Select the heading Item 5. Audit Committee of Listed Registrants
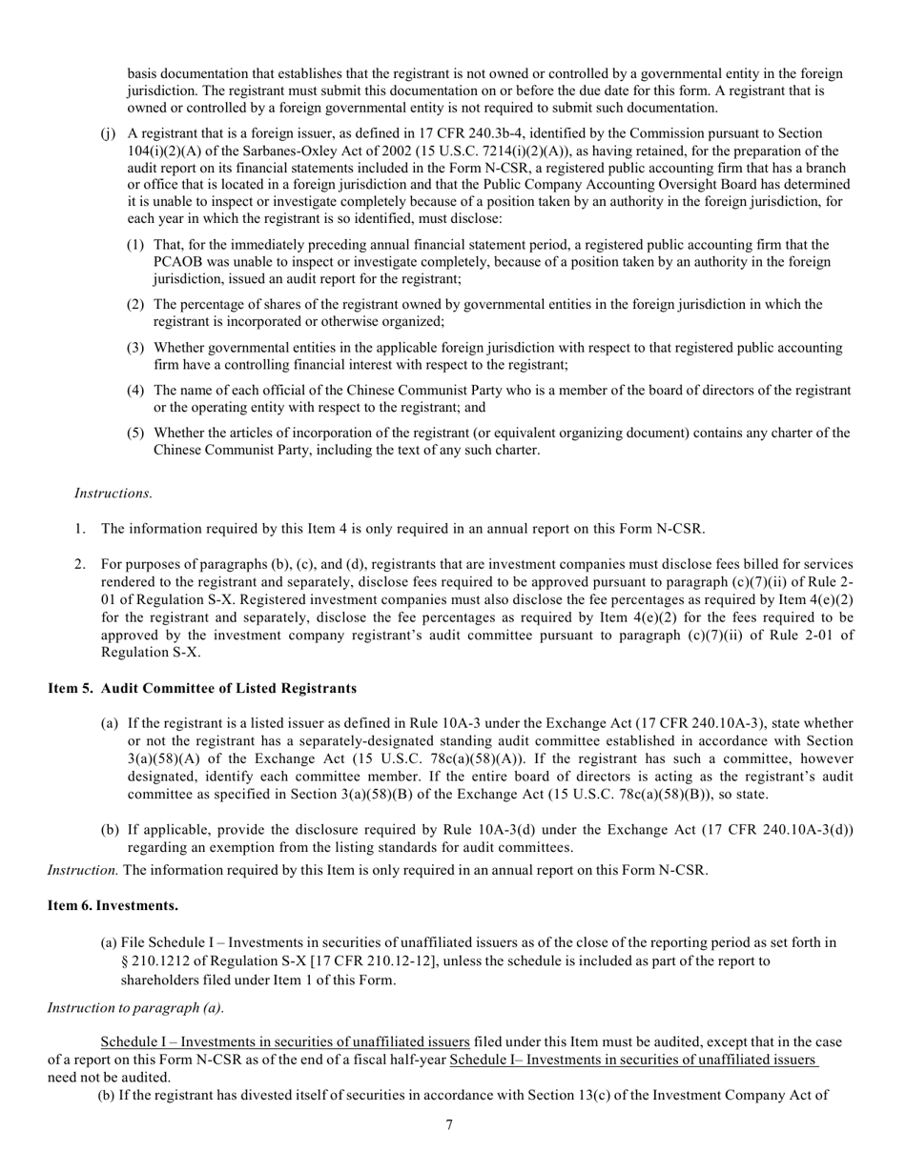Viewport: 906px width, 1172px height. (x=202, y=688)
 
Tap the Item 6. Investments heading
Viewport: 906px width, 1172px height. (x=113, y=904)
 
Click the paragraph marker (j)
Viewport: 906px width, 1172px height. (x=108, y=133)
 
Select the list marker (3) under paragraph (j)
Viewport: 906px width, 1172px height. (x=135, y=348)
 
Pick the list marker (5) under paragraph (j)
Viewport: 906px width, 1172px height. (x=135, y=433)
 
